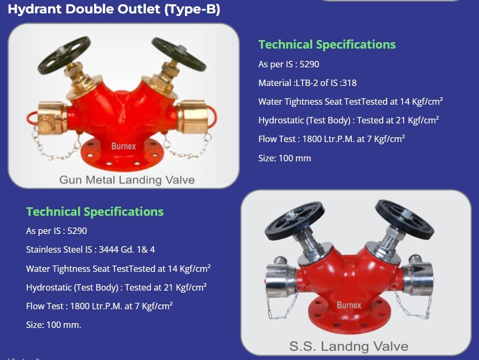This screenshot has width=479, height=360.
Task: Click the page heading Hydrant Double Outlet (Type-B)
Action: point(114,9)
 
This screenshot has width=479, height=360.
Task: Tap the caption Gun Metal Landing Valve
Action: point(127,179)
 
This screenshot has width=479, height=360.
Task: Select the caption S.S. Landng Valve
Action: point(349,346)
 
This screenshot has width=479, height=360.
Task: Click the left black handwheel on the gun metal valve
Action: point(64,55)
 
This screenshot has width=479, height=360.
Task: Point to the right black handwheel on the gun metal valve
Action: point(179,54)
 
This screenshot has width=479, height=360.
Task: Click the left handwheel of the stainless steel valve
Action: point(295,220)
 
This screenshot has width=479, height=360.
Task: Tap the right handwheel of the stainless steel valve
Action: point(405,219)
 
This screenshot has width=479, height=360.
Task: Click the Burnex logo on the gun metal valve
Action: point(123,146)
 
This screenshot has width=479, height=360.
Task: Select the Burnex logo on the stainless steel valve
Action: point(349,305)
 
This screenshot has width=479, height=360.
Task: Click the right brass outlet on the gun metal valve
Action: point(192,116)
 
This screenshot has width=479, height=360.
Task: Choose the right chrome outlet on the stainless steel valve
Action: point(418,278)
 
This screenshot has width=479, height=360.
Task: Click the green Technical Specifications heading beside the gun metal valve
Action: point(327,44)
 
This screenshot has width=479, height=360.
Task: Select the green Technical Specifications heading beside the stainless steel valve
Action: point(95,212)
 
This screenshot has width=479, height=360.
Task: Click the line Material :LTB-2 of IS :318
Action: point(307,83)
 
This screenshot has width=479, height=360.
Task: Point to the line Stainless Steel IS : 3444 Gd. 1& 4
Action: point(90,249)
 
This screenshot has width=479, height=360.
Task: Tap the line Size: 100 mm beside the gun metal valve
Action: point(285,158)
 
